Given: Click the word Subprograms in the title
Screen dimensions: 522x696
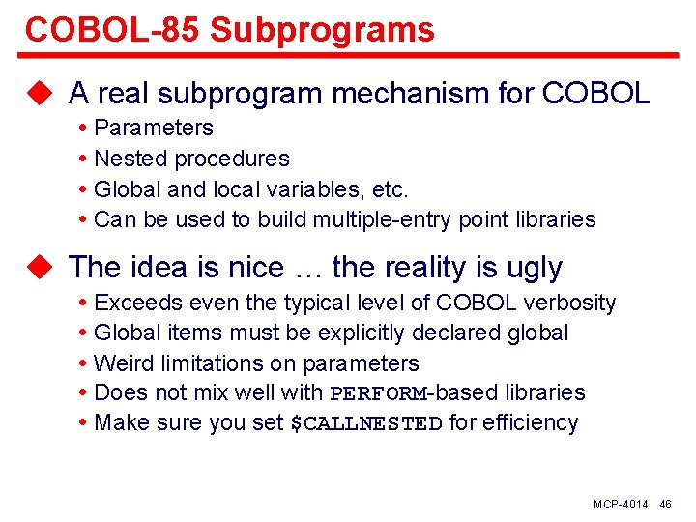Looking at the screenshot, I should point(322,30).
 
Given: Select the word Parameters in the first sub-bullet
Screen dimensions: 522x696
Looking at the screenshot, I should point(154,128).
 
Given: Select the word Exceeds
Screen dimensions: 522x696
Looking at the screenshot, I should point(135,303).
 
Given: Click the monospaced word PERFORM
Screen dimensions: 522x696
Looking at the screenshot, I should point(378,393).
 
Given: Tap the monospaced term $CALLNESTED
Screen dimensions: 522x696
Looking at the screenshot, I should point(366,424).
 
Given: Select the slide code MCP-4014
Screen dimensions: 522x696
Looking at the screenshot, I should point(621,506).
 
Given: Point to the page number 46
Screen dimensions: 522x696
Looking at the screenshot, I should point(665,506).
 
